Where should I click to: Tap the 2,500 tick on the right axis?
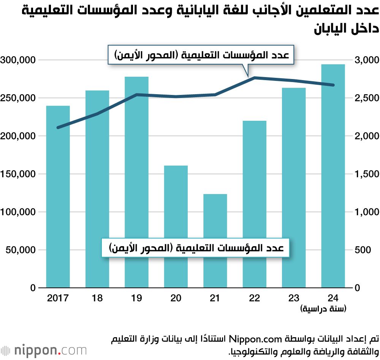(x=366, y=98)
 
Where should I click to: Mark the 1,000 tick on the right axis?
(x=366, y=212)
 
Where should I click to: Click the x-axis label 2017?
(x=58, y=298)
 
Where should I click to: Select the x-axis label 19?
(x=136, y=298)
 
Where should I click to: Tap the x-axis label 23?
(x=294, y=298)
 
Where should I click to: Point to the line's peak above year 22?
(x=255, y=78)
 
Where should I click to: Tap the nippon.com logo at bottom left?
(x=44, y=350)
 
